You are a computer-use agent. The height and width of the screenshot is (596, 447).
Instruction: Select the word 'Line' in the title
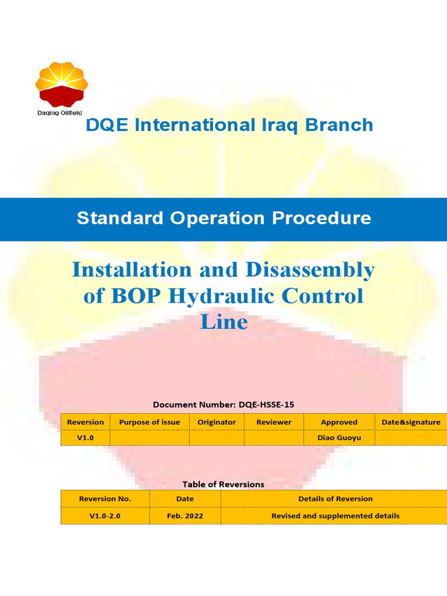point(224,322)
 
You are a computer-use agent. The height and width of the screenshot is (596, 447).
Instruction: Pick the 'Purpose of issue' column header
point(150,422)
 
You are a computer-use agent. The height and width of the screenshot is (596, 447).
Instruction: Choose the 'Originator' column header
point(217,422)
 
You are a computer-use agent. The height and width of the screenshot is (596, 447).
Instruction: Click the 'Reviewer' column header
point(274,422)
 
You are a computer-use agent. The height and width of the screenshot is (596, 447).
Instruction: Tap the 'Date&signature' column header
point(411,422)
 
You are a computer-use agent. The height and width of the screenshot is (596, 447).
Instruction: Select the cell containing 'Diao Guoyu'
point(339,437)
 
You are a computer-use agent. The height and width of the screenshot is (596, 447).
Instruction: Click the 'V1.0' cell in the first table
point(85,437)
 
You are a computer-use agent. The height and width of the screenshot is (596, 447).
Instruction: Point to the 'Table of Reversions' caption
point(223,484)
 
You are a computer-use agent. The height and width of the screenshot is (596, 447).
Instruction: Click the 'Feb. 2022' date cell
point(185,516)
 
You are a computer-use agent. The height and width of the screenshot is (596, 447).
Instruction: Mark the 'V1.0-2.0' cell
point(105,516)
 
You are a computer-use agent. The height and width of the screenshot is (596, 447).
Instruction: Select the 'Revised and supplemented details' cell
point(335,516)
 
